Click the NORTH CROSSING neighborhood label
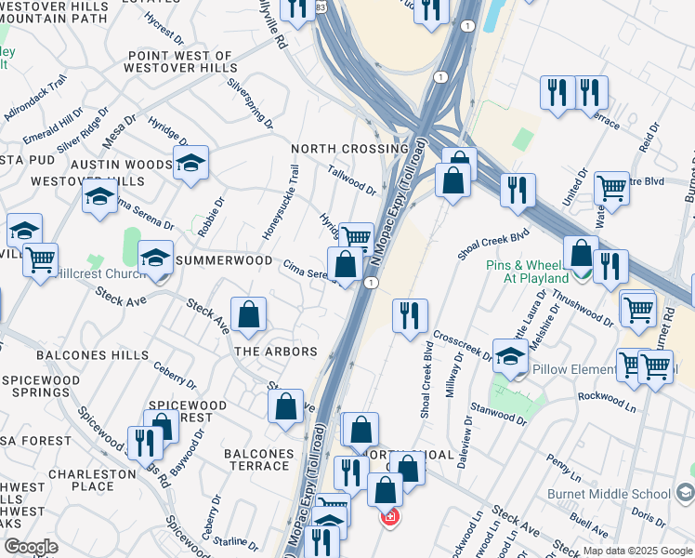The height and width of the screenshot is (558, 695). pos(349,149)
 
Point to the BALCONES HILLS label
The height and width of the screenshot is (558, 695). pos(92,355)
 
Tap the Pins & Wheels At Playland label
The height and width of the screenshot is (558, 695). pos(528,272)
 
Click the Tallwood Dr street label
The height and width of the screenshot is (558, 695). pos(352,180)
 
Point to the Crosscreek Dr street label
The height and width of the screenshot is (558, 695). pos(463,347)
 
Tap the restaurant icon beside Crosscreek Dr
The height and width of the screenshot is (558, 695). pos(409,316)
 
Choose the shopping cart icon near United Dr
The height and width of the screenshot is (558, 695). pos(611,188)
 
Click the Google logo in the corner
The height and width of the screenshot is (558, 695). pos(31,547)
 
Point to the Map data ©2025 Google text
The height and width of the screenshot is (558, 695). pos(637,551)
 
